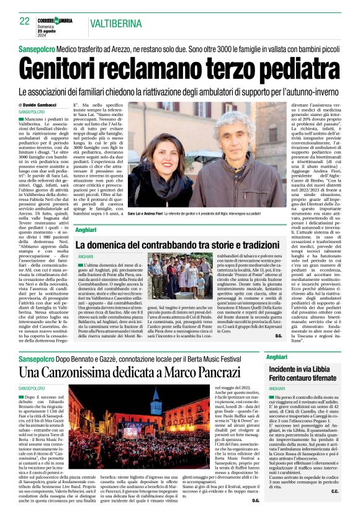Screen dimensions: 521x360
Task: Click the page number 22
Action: tap(25, 21)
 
